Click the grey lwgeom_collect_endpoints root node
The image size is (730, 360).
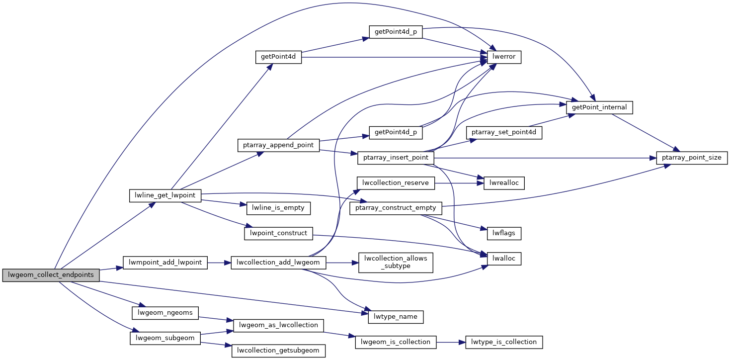point(51,274)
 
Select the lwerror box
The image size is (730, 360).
point(504,57)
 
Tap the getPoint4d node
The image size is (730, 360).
point(278,57)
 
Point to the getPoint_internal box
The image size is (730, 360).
point(600,107)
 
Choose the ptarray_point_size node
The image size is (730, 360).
point(692,158)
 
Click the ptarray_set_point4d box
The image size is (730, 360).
point(504,133)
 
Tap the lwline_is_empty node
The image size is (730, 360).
point(278,207)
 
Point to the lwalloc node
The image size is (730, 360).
point(504,259)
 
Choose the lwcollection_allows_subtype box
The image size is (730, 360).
point(396,262)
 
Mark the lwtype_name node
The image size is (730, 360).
point(392,316)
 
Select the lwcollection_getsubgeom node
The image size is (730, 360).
point(278,351)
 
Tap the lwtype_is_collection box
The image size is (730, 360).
point(504,342)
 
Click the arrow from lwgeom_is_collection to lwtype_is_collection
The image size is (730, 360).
point(450,342)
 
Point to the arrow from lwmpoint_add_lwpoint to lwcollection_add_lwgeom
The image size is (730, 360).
point(219,262)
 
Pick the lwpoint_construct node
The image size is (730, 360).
point(278,233)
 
